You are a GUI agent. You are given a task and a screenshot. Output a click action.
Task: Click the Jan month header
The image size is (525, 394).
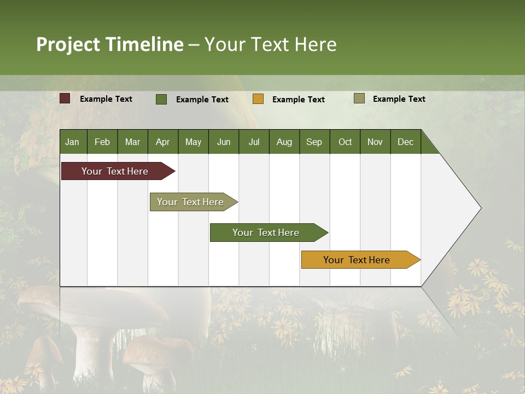(x=72, y=142)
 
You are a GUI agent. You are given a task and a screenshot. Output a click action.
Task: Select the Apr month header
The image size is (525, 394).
(x=162, y=142)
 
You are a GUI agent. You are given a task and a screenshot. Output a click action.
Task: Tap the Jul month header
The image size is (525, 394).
(x=254, y=142)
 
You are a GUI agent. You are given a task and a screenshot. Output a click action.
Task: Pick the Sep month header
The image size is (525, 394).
(x=314, y=142)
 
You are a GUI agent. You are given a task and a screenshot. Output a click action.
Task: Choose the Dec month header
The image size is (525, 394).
(x=405, y=142)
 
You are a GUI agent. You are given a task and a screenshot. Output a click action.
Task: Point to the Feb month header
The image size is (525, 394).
(x=102, y=142)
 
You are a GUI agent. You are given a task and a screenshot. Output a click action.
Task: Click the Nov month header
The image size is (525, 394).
(x=375, y=142)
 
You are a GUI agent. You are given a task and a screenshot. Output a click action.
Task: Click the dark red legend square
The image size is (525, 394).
(x=65, y=99)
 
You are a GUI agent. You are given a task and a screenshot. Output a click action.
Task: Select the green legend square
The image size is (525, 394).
(x=161, y=99)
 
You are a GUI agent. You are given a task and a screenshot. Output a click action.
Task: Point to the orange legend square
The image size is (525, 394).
(x=258, y=99)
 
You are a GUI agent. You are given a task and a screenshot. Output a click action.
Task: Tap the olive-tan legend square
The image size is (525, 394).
(x=359, y=99)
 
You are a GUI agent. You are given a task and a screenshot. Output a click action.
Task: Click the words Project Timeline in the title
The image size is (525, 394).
(x=110, y=44)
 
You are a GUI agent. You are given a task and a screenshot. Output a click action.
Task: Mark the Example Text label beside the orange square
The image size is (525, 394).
(x=298, y=100)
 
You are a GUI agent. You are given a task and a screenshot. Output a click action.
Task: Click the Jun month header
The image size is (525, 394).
(x=223, y=142)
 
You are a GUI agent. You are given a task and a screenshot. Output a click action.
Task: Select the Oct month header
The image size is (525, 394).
(x=345, y=142)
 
